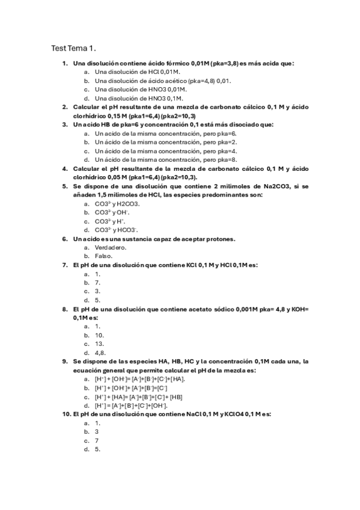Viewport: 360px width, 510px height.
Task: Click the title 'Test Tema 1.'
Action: click(x=74, y=48)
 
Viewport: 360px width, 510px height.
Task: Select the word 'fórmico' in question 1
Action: click(x=178, y=63)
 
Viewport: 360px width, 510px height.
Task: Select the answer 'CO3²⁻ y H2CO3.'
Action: click(x=117, y=204)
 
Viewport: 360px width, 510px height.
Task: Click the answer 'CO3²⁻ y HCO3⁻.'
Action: click(x=117, y=230)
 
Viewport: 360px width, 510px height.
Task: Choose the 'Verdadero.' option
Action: click(x=111, y=247)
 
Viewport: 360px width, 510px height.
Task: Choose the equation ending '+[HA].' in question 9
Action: click(x=140, y=379)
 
